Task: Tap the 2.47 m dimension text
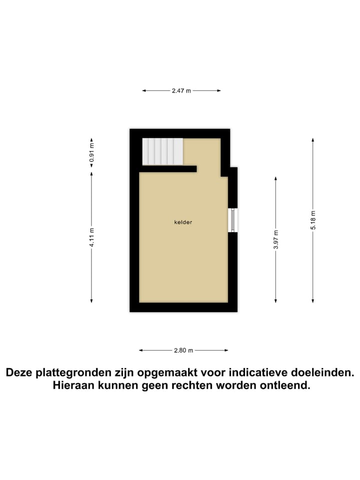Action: click(x=181, y=91)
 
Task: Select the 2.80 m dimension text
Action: click(x=183, y=350)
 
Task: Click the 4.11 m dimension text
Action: click(x=91, y=237)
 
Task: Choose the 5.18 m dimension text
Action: click(x=313, y=220)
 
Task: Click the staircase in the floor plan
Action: click(x=162, y=151)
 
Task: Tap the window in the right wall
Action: click(x=233, y=220)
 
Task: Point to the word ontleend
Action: click(x=286, y=386)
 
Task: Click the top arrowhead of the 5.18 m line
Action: click(x=313, y=139)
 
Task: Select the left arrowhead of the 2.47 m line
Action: click(x=144, y=91)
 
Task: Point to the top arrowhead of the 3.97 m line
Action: click(x=276, y=177)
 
